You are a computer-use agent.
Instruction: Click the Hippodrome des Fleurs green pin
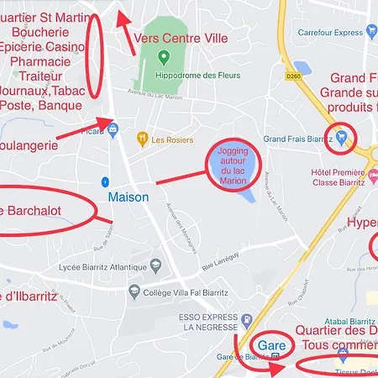point(164,57)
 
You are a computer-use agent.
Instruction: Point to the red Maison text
point(129,197)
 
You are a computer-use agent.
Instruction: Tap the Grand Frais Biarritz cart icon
point(342,136)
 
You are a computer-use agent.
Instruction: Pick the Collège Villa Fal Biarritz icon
point(134,291)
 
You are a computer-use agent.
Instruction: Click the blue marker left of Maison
point(103,181)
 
